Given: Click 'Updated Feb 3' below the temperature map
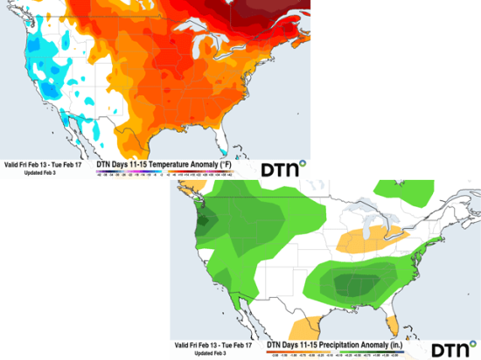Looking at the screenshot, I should (x=33, y=172).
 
